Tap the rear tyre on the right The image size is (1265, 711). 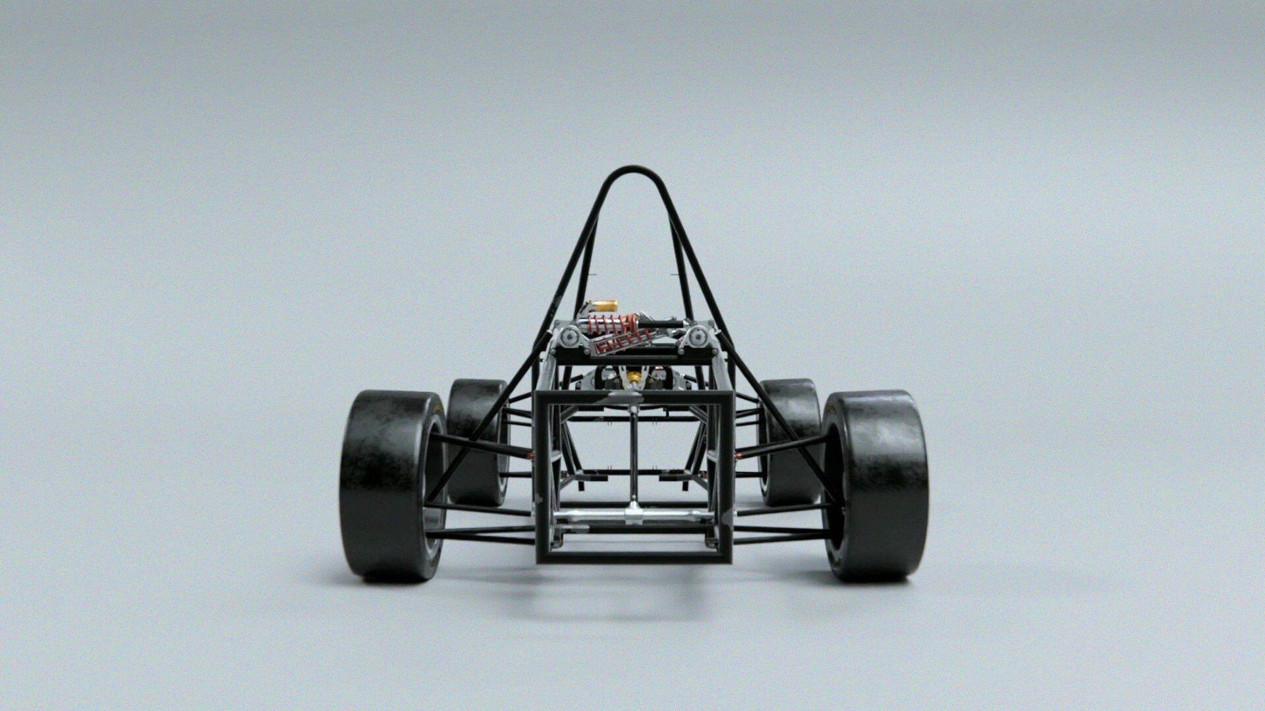[x=791, y=441]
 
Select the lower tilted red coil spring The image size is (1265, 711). [x=619, y=343]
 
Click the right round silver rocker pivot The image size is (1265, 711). [x=695, y=338]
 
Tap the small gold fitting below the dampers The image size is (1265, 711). [x=634, y=377]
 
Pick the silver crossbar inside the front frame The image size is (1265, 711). [x=632, y=514]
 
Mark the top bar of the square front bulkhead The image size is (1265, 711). [x=633, y=398]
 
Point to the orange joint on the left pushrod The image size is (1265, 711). [x=530, y=454]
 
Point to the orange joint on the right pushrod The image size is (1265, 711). [x=737, y=454]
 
